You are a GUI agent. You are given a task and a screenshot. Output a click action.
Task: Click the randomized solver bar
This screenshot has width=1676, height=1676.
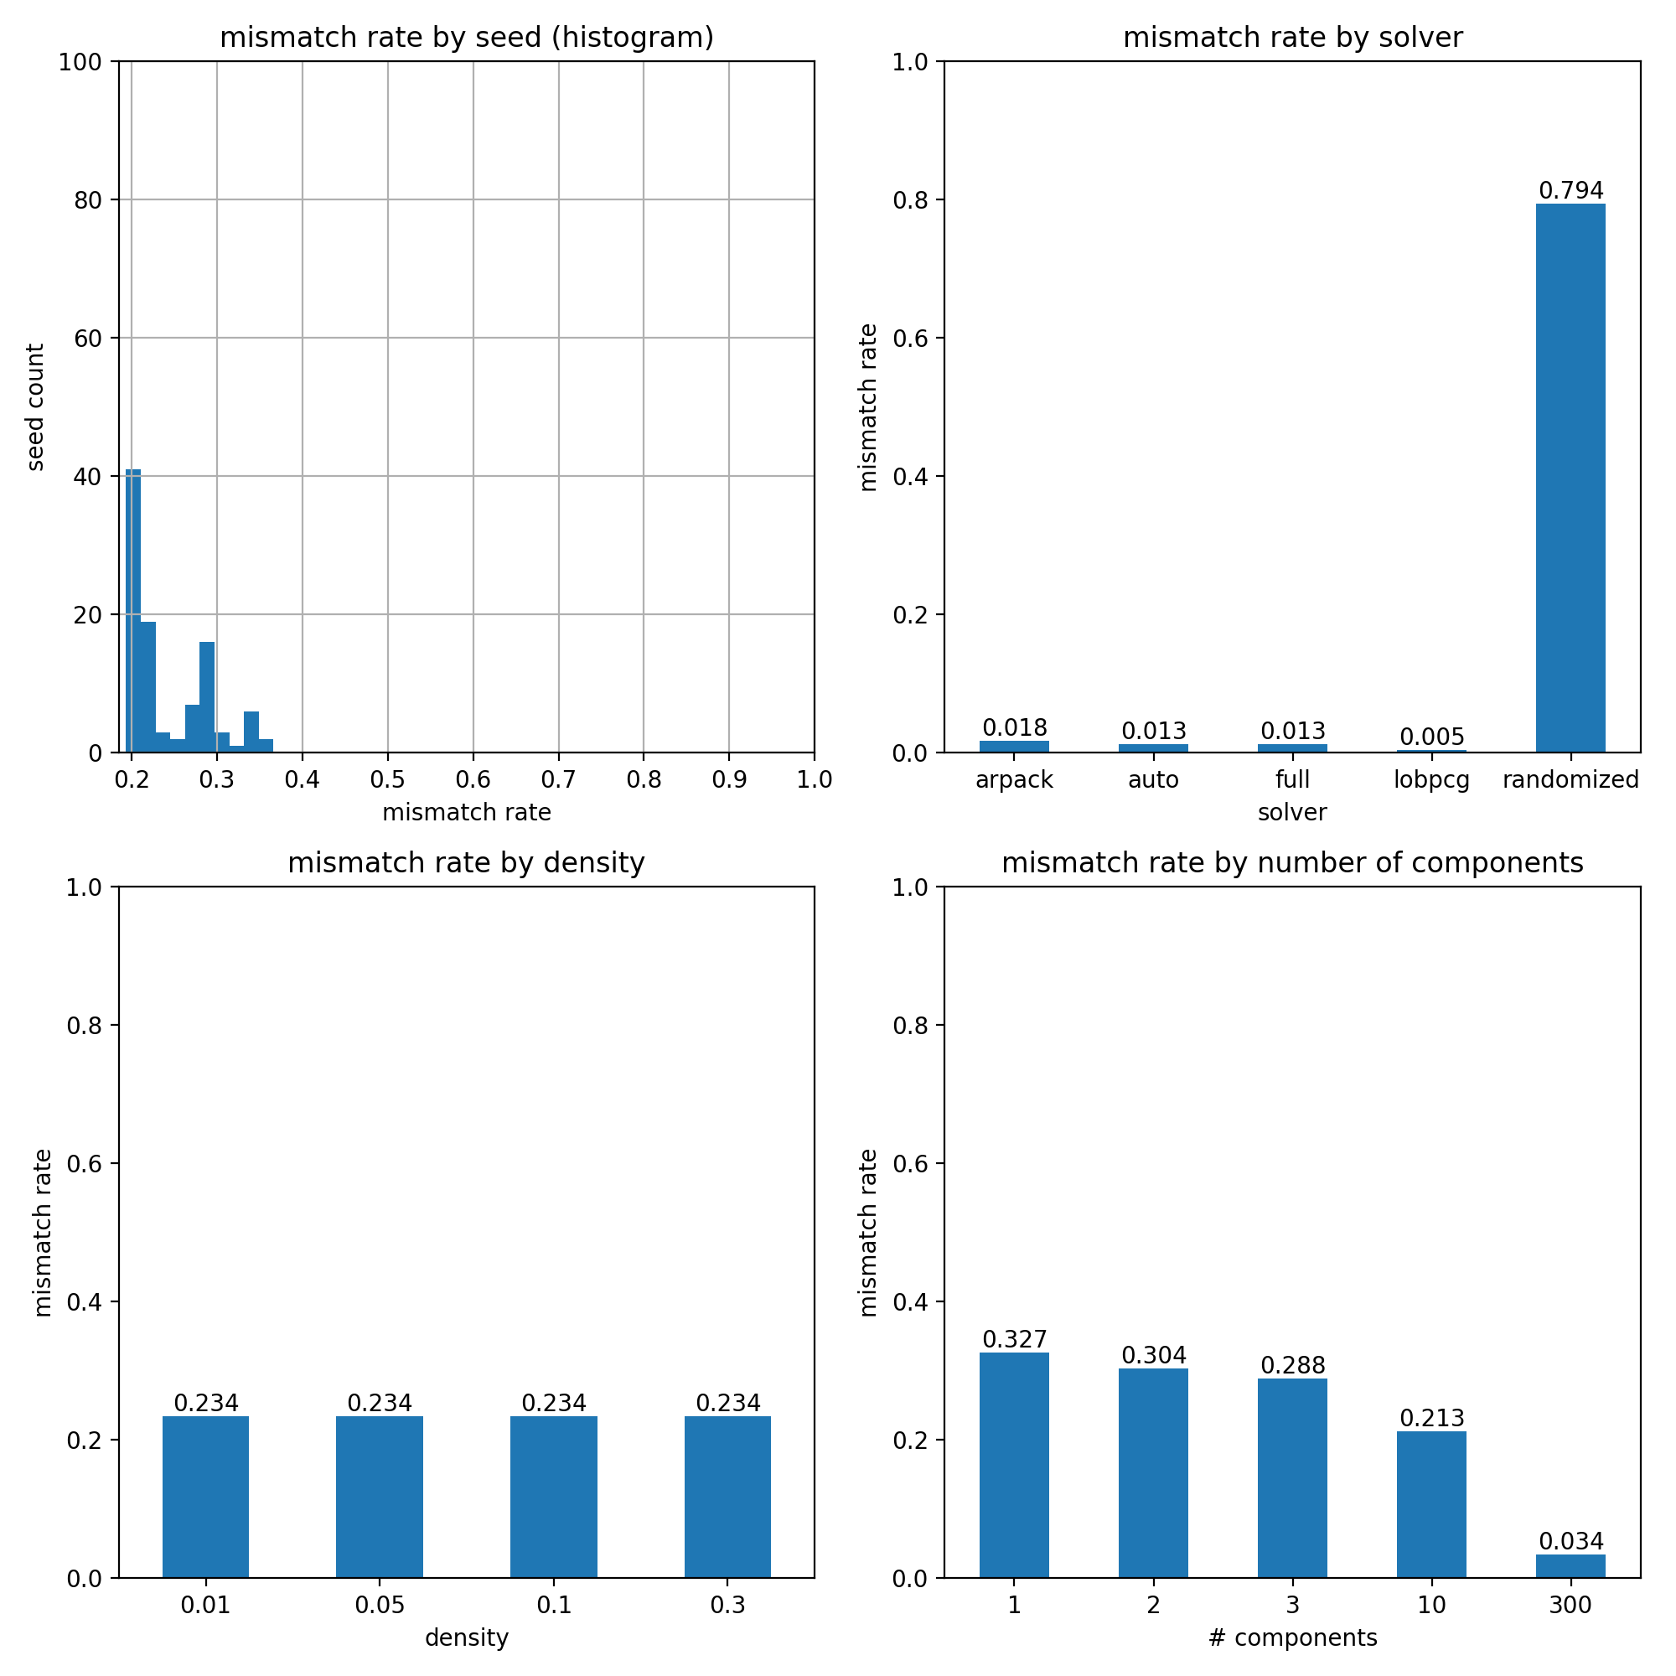click(1570, 477)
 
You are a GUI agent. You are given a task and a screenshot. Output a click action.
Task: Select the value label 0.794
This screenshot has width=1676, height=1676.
click(1570, 191)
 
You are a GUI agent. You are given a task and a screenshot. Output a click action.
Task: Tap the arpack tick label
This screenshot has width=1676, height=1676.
click(1014, 780)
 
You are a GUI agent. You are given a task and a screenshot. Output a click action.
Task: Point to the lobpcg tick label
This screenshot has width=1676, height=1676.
click(1431, 780)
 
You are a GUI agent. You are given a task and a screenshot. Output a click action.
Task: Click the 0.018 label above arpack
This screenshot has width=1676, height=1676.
click(1014, 728)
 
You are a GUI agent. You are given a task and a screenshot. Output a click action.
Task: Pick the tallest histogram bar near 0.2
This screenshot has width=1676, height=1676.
click(132, 608)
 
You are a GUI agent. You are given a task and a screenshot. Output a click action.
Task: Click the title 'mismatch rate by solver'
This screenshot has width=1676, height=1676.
click(1292, 39)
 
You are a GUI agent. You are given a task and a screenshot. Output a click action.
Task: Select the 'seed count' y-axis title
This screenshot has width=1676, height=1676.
click(35, 407)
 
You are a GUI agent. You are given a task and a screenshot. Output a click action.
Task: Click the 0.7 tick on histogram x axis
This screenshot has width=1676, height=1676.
click(558, 780)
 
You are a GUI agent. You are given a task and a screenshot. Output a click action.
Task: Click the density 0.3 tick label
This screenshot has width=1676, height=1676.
click(727, 1606)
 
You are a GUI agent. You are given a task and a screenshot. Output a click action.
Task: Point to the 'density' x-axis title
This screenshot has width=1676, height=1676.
click(466, 1637)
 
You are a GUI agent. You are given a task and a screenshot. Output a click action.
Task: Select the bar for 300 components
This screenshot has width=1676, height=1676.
click(1570, 1566)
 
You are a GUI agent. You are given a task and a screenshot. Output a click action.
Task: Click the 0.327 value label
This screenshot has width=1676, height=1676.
click(1014, 1339)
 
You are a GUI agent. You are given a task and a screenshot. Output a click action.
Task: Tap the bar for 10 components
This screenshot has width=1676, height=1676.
click(1431, 1504)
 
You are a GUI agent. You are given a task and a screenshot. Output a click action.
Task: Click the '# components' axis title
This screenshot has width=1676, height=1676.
click(1292, 1637)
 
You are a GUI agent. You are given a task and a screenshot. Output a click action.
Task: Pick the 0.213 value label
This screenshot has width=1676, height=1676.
click(1431, 1419)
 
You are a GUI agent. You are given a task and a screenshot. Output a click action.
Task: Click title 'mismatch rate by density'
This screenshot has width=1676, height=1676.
click(466, 863)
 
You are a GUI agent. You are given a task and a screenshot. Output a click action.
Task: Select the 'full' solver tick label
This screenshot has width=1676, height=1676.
click(1291, 780)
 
